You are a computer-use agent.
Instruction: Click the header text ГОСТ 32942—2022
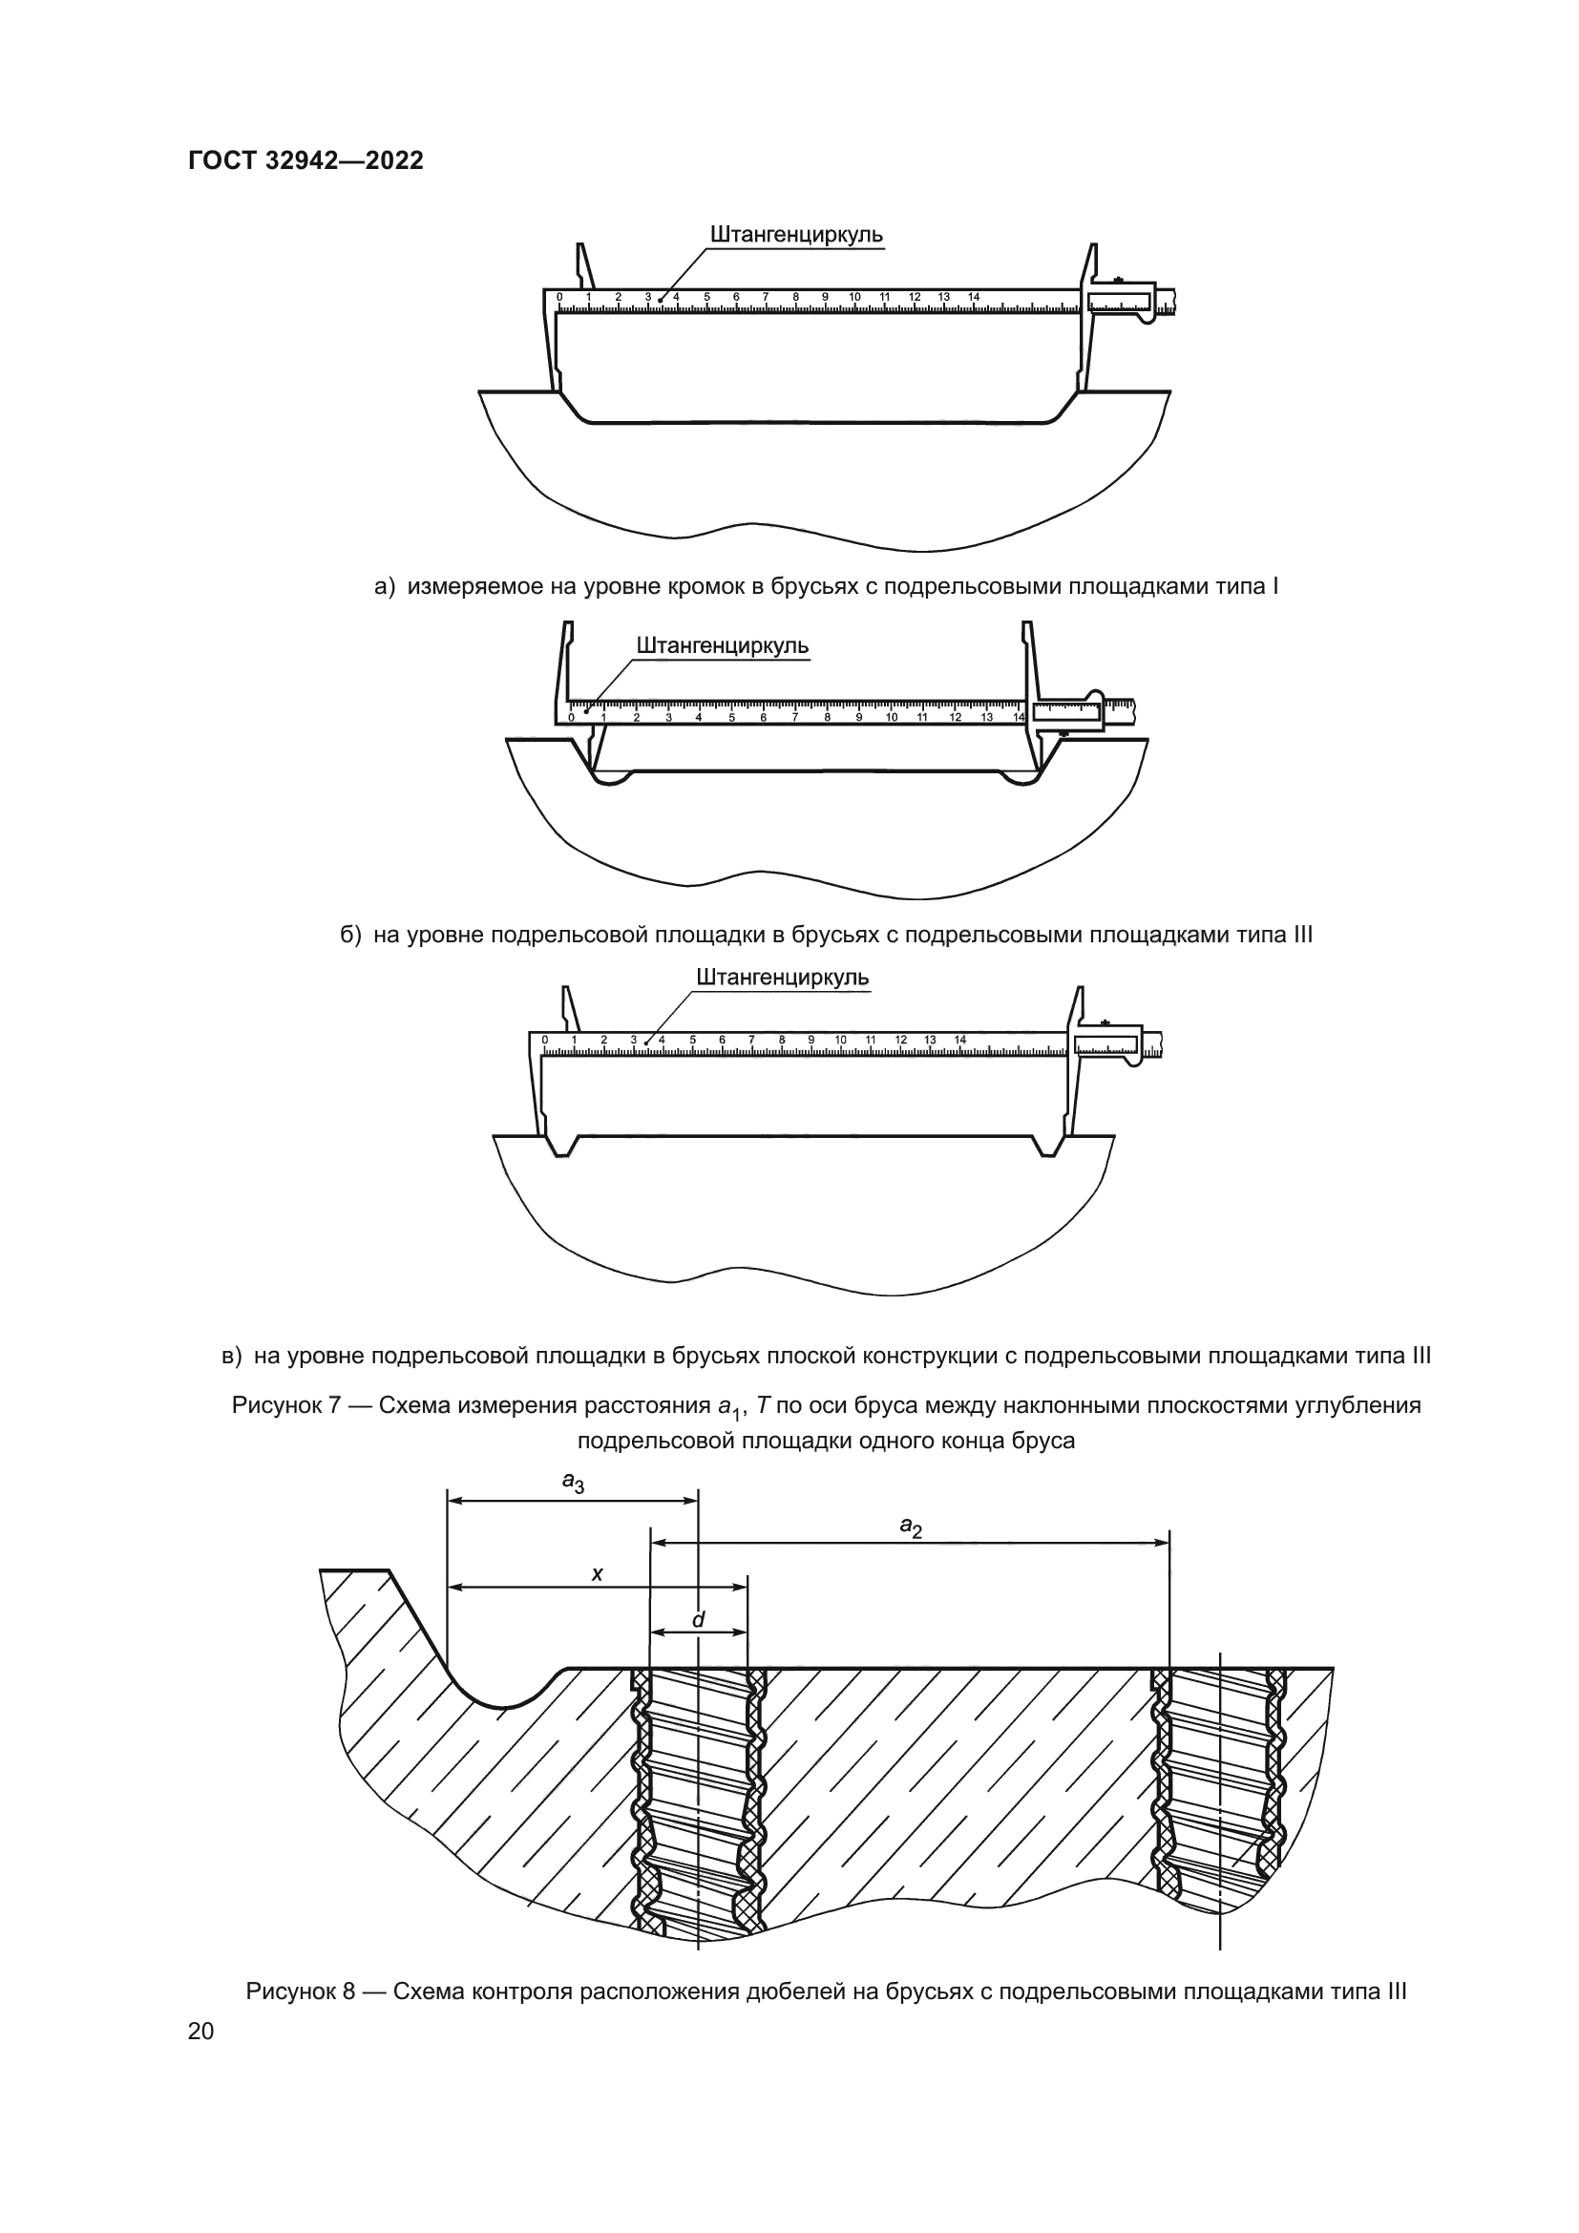click(x=305, y=161)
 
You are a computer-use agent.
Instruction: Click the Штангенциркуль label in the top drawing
click(x=796, y=236)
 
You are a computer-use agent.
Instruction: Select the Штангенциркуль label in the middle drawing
click(x=723, y=645)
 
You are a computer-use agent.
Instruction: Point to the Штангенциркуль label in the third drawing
click(x=783, y=977)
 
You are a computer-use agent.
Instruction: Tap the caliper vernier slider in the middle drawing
click(x=1068, y=712)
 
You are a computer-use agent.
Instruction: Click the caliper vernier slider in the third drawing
click(x=1106, y=1044)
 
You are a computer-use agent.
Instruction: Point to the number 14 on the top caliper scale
click(x=975, y=297)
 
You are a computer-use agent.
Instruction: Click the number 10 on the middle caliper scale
click(x=892, y=718)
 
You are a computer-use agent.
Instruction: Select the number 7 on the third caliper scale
click(x=751, y=1040)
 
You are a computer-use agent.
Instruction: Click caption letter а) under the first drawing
click(x=385, y=586)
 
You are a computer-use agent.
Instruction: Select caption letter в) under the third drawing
click(x=232, y=1355)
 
